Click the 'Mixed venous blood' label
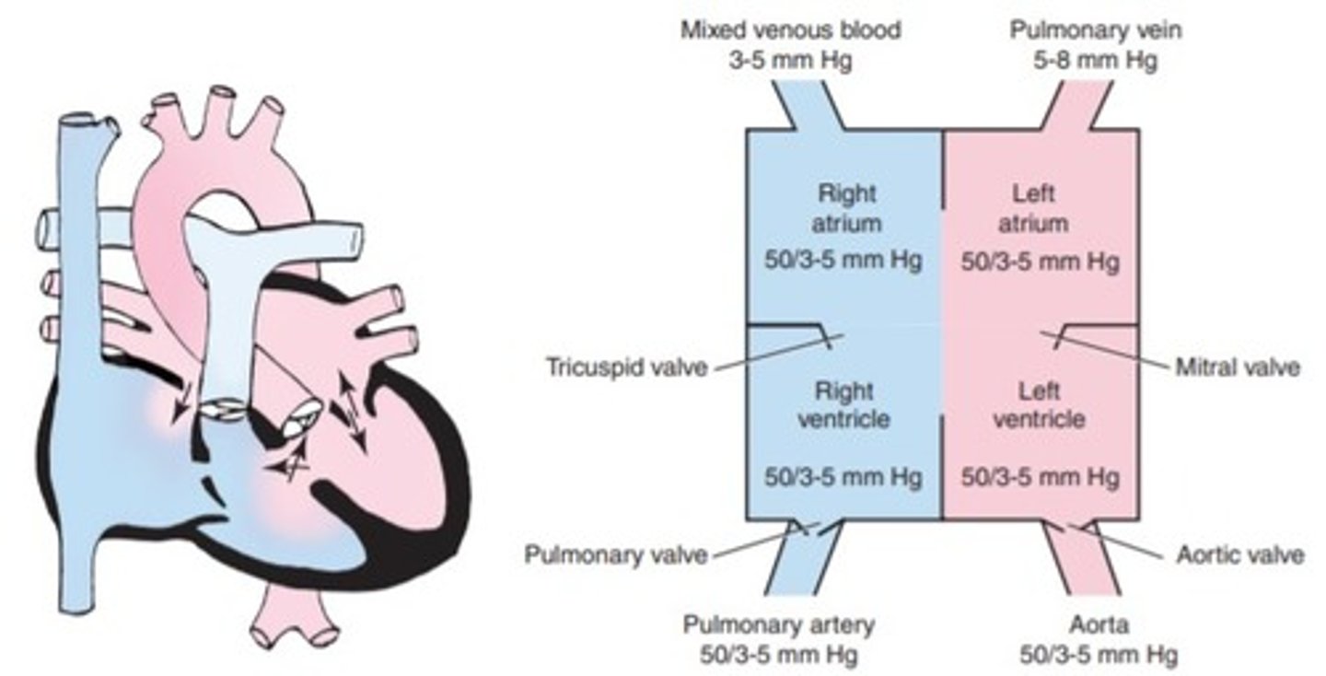pos(791,30)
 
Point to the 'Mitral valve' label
pos(1238,368)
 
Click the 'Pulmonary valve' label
pos(615,555)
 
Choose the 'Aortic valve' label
pos(1240,555)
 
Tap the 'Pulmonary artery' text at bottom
pos(779,626)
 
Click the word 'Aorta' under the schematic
pos(1086,626)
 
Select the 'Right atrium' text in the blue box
pos(845,209)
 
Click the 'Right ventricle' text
pos(845,405)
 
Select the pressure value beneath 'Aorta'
pos(1086,657)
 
